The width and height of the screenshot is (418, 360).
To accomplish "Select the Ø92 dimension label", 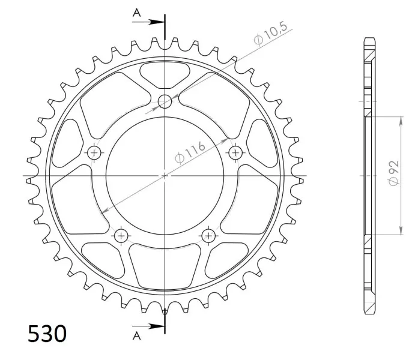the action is point(394,173).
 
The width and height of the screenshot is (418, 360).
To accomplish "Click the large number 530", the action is point(47,334).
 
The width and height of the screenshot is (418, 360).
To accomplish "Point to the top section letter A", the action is point(137,13).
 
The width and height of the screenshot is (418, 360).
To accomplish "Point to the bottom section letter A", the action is point(137,336).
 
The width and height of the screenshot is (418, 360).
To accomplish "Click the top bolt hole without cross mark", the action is point(165,101).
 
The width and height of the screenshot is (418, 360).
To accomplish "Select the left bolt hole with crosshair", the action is point(94,152).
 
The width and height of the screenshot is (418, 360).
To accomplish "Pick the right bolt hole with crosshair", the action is point(235,153).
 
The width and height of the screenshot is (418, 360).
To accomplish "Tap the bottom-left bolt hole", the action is point(121,236).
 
